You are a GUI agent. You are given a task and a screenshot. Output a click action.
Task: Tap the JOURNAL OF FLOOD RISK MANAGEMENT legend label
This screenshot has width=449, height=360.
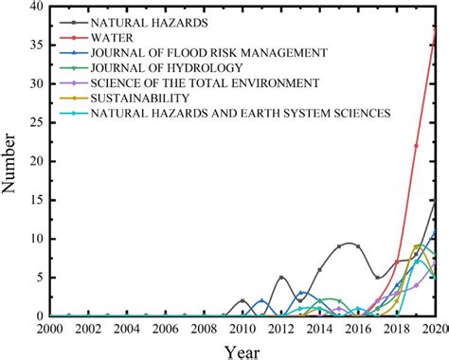click(x=209, y=52)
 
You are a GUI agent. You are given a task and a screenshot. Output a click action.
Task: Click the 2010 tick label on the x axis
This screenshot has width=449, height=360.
click(x=242, y=328)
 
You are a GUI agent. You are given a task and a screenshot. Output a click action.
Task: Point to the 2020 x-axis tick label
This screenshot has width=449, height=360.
click(x=432, y=328)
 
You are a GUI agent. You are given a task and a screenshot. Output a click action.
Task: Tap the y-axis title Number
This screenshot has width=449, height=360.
click(x=10, y=161)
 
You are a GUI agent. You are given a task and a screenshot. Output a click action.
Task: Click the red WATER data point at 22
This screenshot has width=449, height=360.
click(x=417, y=146)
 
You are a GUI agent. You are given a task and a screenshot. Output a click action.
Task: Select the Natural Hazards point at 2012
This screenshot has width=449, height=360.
click(x=281, y=278)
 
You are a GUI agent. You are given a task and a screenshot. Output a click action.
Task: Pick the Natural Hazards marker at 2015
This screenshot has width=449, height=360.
click(x=339, y=246)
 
